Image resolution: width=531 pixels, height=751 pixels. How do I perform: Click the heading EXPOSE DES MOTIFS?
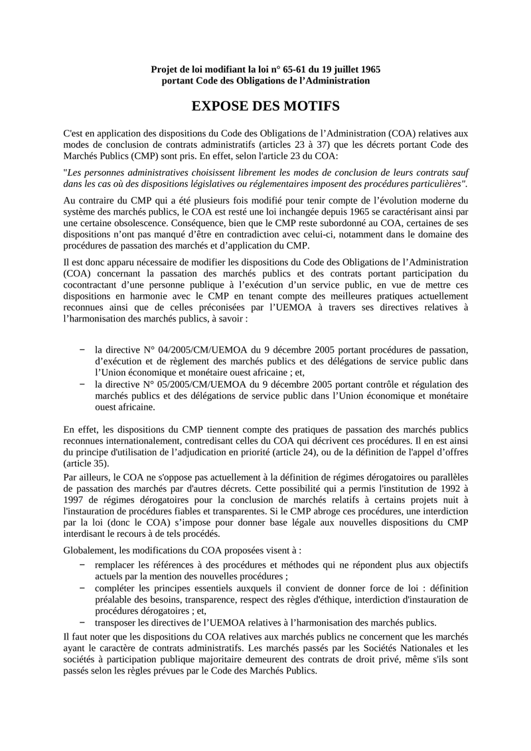265,107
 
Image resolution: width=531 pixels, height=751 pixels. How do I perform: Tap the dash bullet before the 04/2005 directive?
82,349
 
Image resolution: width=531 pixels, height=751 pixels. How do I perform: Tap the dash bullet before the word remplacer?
82,564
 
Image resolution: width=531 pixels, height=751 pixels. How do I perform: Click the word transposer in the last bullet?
117,622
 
